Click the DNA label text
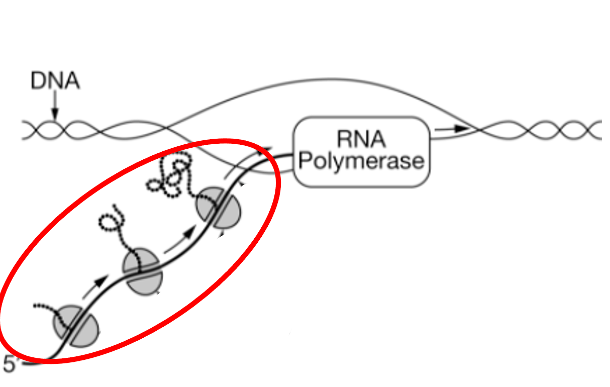[x=55, y=80]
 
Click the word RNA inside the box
[x=361, y=139]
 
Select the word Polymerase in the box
[x=361, y=161]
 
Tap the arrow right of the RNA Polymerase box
[x=451, y=129]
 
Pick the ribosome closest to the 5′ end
[x=76, y=326]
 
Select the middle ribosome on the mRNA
[x=143, y=271]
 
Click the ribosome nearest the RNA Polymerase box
[x=219, y=208]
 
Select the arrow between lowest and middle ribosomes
[x=95, y=287]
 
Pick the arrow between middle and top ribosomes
[x=180, y=239]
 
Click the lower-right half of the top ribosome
[x=228, y=215]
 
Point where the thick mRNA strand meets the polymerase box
[x=293, y=155]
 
